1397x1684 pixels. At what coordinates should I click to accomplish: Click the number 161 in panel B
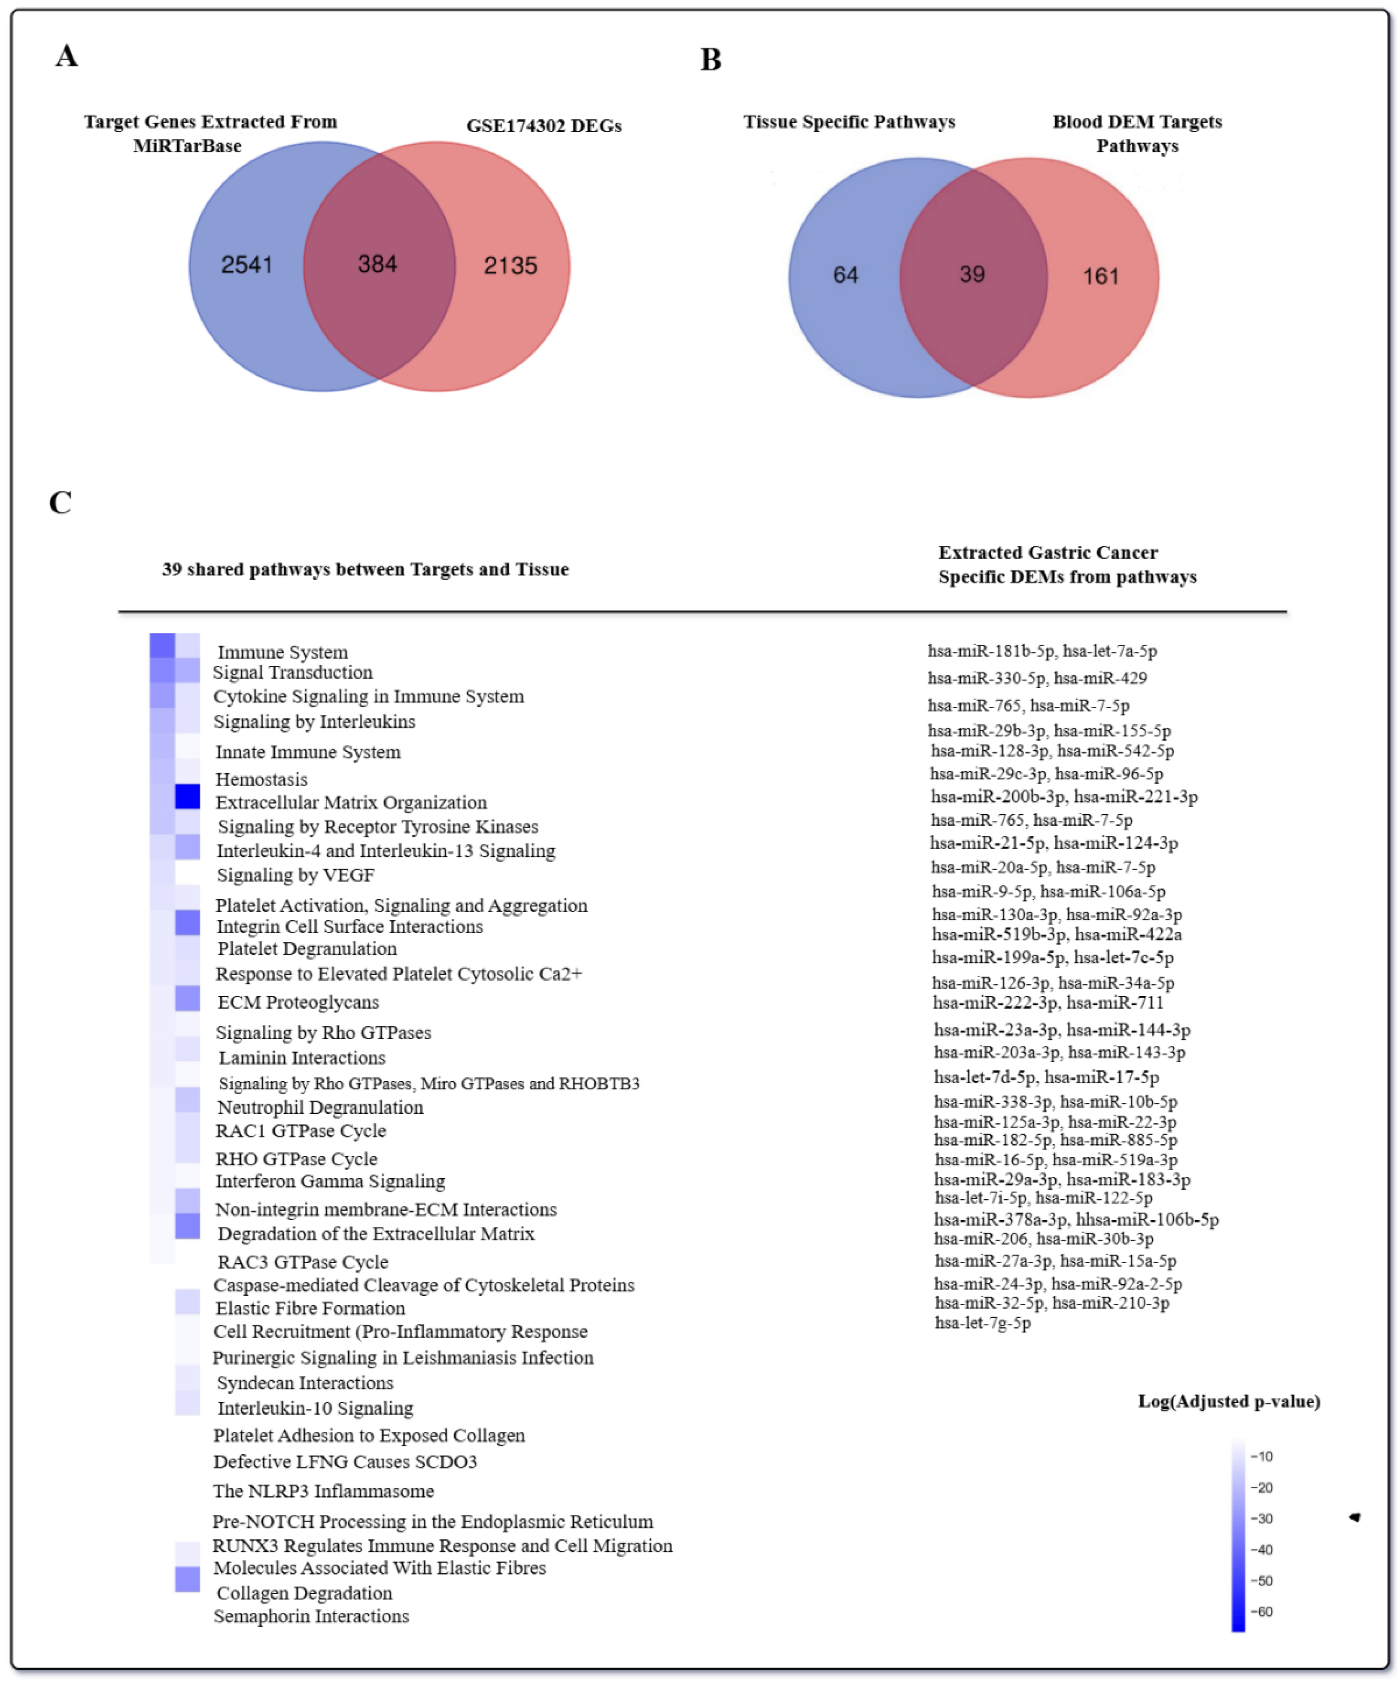1100,277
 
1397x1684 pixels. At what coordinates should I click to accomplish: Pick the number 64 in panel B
845,275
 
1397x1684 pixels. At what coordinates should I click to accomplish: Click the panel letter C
60,503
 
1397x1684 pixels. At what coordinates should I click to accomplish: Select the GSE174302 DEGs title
544,126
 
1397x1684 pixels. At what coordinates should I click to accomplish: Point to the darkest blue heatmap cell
188,796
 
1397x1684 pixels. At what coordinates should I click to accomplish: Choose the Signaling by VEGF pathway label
295,875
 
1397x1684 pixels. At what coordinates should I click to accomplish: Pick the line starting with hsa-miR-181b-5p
1042,651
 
